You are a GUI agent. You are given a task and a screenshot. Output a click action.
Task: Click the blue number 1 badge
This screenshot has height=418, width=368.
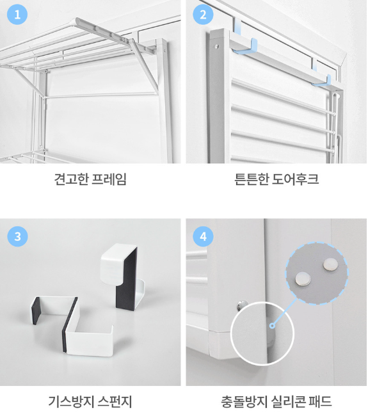[17, 14]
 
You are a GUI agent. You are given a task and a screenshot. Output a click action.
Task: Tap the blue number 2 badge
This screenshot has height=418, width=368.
[203, 14]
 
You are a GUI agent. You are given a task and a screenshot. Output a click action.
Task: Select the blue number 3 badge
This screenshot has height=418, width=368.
[17, 236]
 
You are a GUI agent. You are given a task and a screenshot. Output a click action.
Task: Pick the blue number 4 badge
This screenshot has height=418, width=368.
[203, 236]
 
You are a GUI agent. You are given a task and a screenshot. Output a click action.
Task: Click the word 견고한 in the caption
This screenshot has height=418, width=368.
[72, 179]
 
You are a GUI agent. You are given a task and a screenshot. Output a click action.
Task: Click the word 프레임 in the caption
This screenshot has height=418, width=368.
[109, 179]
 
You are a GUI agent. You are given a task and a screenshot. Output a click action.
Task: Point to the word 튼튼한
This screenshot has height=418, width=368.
[252, 179]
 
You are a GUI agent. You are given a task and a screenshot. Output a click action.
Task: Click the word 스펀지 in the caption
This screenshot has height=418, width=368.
[115, 402]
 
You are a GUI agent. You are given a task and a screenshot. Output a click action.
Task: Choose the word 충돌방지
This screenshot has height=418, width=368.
[244, 402]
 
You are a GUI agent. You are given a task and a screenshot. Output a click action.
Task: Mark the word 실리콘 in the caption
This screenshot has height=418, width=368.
[288, 402]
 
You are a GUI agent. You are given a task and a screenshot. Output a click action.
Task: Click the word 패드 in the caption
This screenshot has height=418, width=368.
[320, 402]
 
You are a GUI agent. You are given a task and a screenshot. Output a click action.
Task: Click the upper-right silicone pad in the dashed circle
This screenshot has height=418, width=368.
[330, 264]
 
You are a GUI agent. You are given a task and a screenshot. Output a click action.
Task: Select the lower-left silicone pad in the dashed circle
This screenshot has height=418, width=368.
[303, 278]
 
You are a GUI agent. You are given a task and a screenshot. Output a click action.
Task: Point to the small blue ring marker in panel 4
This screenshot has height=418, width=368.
[272, 325]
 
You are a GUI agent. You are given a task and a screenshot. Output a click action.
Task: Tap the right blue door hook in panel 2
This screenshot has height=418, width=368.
[321, 77]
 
